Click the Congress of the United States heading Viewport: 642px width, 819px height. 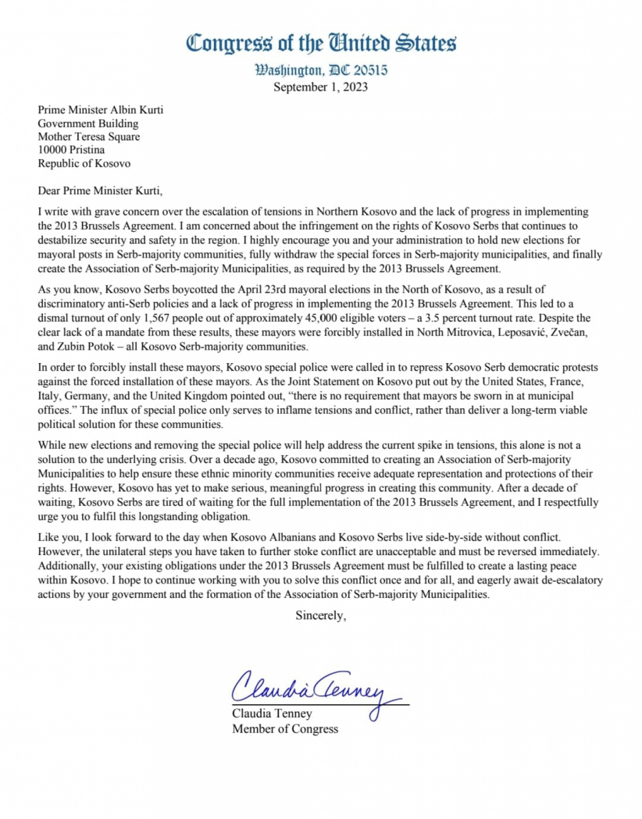321,44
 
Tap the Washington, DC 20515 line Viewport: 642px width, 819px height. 321,72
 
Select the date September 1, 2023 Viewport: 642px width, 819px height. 321,88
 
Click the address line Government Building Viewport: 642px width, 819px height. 88,123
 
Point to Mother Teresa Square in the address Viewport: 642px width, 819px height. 89,137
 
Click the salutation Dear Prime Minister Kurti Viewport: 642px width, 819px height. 104,190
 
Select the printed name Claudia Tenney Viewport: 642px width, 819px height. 272,714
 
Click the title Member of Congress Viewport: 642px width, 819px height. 285,728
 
